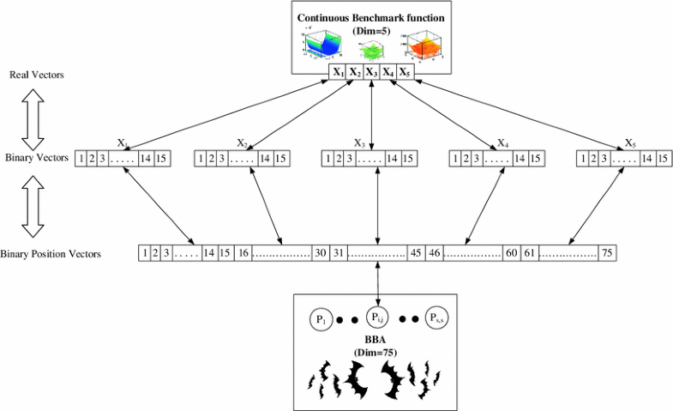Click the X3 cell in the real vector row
coord(371,72)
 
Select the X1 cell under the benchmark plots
coord(339,72)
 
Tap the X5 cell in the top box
coord(405,72)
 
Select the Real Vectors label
coord(36,76)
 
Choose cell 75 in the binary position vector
coord(606,253)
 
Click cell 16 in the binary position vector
coord(243,253)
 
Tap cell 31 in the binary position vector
coord(339,253)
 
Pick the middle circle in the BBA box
coord(376,317)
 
